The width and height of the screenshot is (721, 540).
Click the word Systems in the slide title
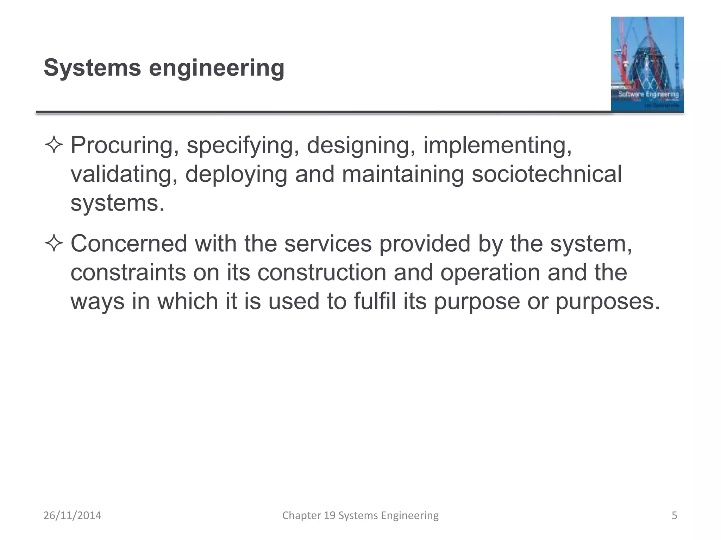pyautogui.click(x=92, y=67)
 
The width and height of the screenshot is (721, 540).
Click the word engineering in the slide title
pyautogui.click(x=217, y=68)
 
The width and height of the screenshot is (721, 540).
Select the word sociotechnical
pyautogui.click(x=547, y=174)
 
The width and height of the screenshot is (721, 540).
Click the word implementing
pyautogui.click(x=497, y=145)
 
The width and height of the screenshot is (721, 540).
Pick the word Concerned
pyautogui.click(x=129, y=244)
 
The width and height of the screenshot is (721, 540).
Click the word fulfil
pyautogui.click(x=375, y=302)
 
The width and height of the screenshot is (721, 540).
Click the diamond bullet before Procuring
pyautogui.click(x=54, y=145)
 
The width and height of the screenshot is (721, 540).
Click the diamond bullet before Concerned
pyautogui.click(x=54, y=244)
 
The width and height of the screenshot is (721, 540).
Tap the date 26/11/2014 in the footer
pyautogui.click(x=72, y=515)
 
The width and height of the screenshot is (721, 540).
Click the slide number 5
pyautogui.click(x=674, y=515)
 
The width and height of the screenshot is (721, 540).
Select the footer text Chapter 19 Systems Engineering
pyautogui.click(x=360, y=515)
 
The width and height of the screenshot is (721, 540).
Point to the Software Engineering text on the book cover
pyautogui.click(x=648, y=94)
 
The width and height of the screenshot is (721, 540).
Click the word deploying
pyautogui.click(x=236, y=174)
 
